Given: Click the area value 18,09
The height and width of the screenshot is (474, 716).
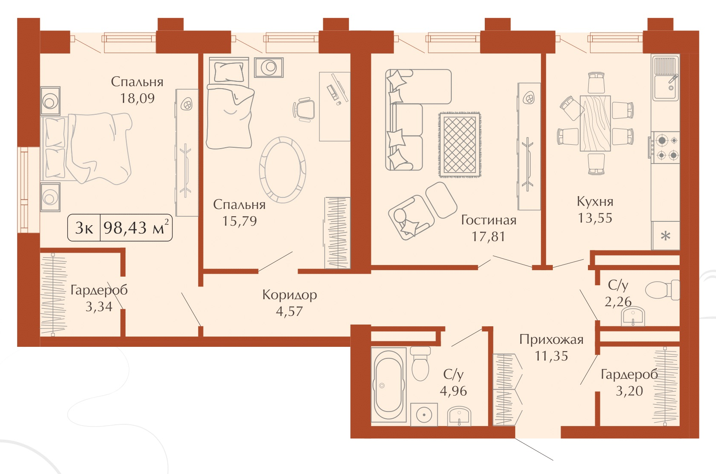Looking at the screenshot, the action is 137,98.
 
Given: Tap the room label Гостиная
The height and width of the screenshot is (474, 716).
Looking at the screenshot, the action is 489,220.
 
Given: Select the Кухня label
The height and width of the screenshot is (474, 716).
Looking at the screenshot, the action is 595,202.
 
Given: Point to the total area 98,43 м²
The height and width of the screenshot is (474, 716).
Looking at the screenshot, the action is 136,227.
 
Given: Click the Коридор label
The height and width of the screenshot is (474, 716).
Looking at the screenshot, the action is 289,295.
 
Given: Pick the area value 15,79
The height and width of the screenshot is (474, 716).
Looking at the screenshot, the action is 239,221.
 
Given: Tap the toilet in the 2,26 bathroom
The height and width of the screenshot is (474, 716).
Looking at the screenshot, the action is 662,290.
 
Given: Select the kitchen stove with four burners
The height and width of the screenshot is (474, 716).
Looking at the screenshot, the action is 666,148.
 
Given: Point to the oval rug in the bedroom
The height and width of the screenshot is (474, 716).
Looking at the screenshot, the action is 283,170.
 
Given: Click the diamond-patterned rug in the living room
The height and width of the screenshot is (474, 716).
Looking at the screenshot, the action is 460,144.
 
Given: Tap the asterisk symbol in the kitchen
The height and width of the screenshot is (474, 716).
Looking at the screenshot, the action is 666,236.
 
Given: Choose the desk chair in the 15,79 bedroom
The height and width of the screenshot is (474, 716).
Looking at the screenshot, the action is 304,109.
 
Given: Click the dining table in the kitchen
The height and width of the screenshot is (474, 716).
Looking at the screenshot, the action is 595,123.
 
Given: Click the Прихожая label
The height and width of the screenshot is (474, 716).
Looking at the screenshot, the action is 552,340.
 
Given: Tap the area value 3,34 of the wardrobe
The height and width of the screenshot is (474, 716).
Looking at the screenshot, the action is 99,307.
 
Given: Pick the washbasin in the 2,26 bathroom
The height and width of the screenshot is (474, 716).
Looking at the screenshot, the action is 633,316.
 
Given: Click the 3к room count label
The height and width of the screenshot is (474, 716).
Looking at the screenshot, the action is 84,228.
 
